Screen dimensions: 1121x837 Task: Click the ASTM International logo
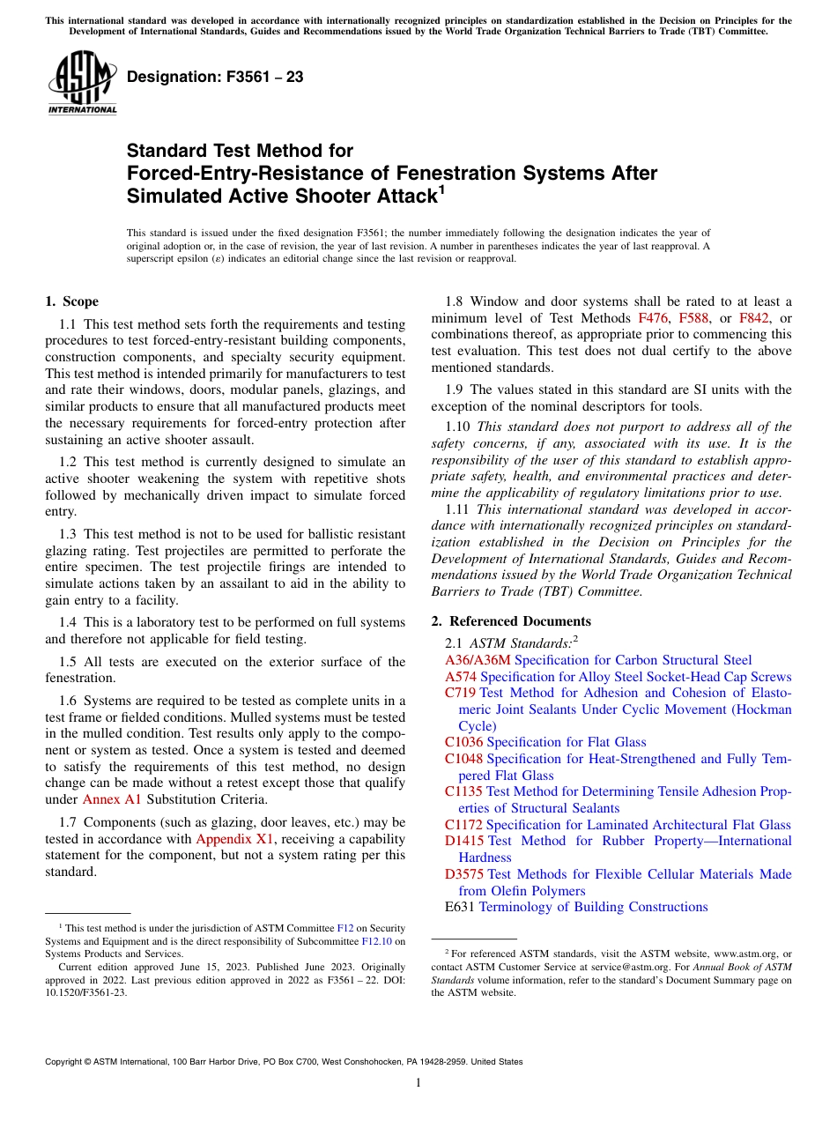[x=82, y=83]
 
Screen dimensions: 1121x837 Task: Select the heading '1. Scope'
[x=71, y=301]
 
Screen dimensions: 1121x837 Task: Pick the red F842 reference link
[x=754, y=318]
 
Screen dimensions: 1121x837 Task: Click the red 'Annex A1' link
[x=112, y=799]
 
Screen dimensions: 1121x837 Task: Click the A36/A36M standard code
[x=478, y=660]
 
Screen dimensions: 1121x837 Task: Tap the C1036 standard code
[x=463, y=742]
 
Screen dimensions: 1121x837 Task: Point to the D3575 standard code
[x=464, y=874]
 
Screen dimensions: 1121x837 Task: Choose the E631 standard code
[x=460, y=907]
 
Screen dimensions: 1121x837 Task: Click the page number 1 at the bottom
[x=418, y=1082]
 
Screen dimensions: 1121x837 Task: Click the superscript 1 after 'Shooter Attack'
[x=441, y=189]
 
